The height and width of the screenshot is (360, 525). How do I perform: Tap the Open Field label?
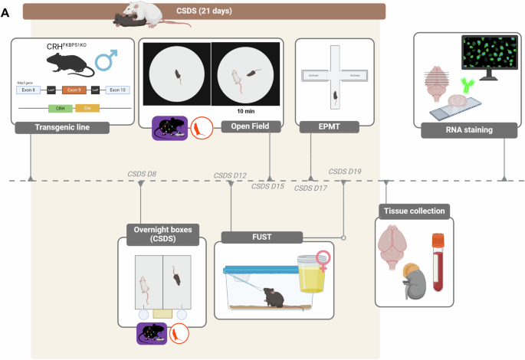coord(246,126)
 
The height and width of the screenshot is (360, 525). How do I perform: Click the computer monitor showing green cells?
coord(488,61)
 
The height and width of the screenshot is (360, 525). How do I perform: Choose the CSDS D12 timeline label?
coord(230,175)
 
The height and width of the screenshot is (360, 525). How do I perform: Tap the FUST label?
coord(262,237)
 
